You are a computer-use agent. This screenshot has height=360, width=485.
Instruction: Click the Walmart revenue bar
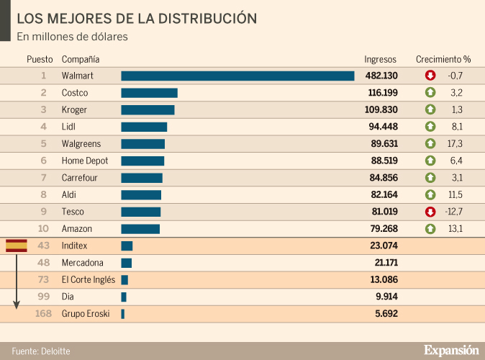pos(237,76)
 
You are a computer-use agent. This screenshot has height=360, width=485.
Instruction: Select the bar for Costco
pos(149,93)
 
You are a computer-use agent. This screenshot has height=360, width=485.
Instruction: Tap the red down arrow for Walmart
pos(430,76)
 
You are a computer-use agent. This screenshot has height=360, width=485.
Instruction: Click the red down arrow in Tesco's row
pos(430,212)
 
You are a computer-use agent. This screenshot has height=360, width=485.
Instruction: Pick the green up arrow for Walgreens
pos(430,144)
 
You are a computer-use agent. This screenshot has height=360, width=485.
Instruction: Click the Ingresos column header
pos(381,59)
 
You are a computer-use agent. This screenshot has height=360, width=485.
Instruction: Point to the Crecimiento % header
pos(443,59)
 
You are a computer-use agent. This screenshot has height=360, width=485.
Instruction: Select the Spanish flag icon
pos(17,246)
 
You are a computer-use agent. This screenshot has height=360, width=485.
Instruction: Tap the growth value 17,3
pos(455,144)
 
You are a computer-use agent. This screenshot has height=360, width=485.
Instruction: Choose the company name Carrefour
pos(79,178)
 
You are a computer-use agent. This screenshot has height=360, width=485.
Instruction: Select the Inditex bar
pos(127,246)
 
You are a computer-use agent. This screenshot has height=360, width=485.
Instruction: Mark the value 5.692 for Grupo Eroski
pos(386,314)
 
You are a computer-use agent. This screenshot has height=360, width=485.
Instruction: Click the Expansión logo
pos(451,350)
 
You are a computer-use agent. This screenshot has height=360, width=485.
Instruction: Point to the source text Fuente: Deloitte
pos(41,351)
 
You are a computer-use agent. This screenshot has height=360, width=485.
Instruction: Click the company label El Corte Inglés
pos(89,280)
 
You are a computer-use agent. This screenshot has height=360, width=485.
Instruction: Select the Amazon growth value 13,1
pos(455,229)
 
